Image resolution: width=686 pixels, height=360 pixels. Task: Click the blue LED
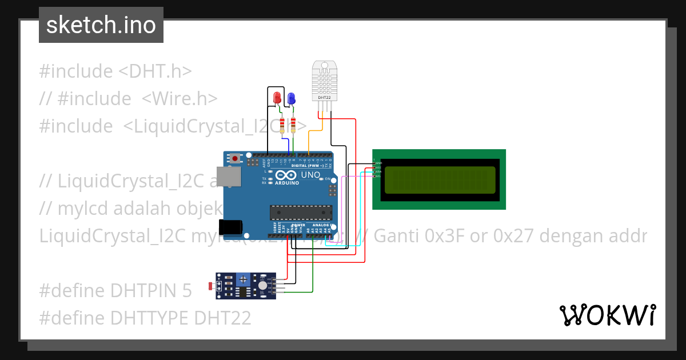[291, 98]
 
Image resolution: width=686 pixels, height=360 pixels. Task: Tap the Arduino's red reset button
[235, 158]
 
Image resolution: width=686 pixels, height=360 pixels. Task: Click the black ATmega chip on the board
[301, 212]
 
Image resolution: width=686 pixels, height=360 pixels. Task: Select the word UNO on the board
[310, 174]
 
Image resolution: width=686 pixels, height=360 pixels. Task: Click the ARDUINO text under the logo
[288, 183]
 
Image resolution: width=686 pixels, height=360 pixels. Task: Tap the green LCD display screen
[439, 179]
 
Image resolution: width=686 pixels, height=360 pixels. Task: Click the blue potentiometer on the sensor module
[244, 279]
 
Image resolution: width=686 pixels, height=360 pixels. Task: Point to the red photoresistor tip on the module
[210, 285]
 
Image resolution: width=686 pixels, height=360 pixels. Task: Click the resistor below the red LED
[281, 125]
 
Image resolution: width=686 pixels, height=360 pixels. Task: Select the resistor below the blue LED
[294, 125]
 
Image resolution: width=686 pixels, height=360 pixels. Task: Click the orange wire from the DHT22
[310, 140]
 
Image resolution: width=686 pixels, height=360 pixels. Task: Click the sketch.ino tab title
[101, 25]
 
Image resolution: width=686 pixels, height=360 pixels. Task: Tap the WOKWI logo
[607, 315]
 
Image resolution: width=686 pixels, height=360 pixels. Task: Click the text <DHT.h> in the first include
[155, 71]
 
